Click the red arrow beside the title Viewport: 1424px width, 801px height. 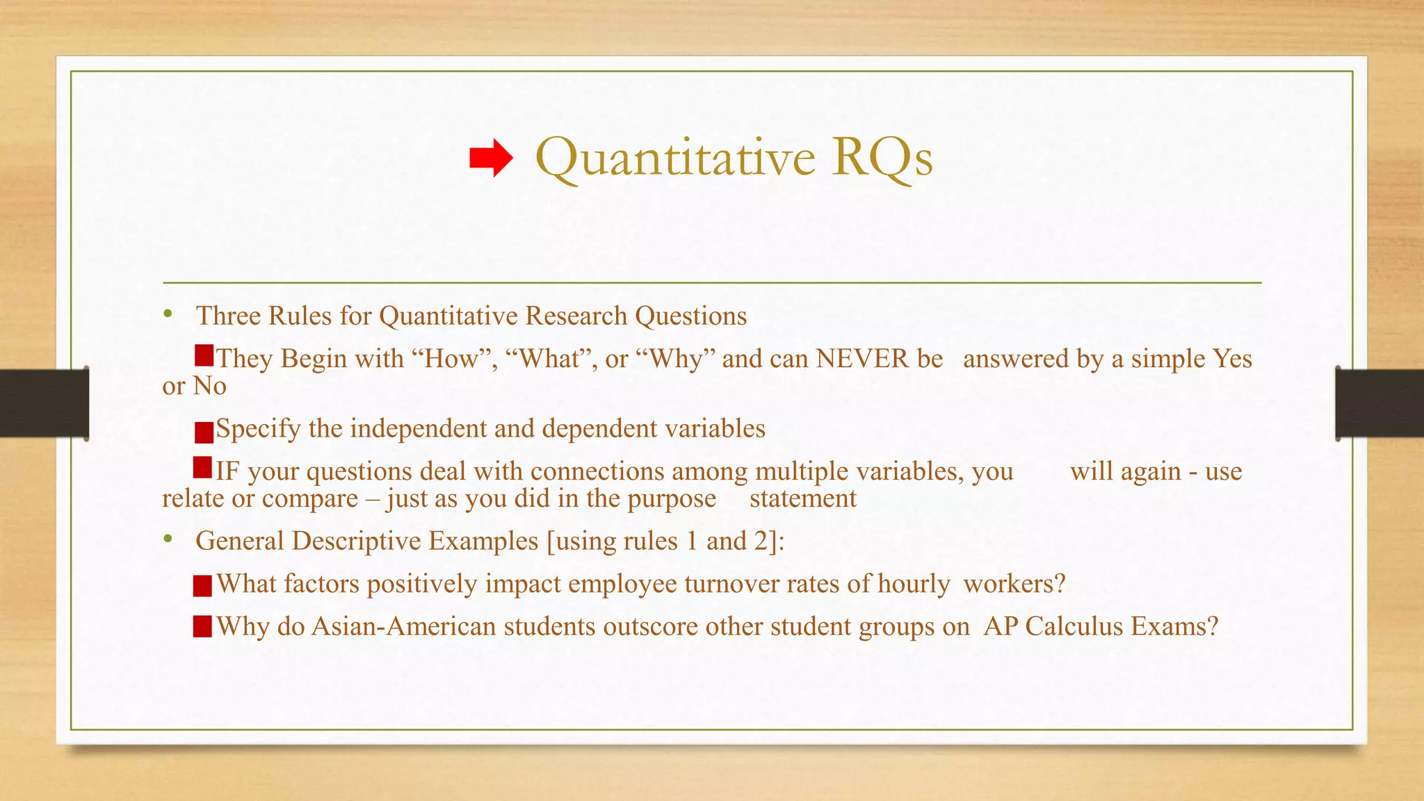pos(491,158)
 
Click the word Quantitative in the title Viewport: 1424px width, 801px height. pos(675,158)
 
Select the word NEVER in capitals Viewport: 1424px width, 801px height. pos(862,359)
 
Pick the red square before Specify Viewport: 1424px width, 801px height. pos(204,432)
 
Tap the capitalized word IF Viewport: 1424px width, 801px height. pos(227,472)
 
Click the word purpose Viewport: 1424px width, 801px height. pos(672,499)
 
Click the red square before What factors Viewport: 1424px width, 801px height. pos(202,586)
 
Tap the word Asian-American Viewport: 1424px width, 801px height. pos(404,627)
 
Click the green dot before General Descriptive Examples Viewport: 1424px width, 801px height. pos(168,539)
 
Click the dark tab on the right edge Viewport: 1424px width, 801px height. pos(1379,403)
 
